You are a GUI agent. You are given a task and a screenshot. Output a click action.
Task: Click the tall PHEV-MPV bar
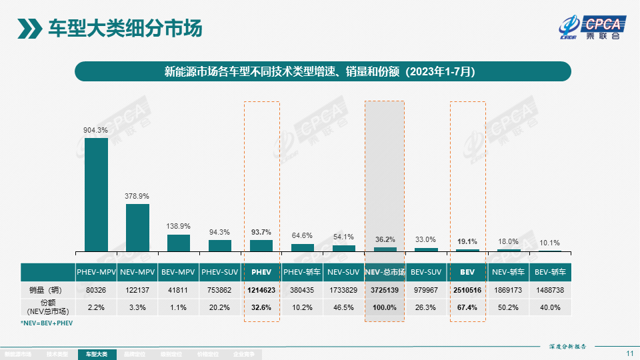pyautogui.click(x=96, y=195)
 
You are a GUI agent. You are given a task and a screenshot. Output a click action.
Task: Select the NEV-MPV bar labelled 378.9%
pyautogui.click(x=137, y=227)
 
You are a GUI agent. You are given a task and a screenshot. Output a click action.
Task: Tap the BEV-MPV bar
pyautogui.click(x=179, y=243)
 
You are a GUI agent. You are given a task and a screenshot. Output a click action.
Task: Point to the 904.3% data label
pyautogui.click(x=95, y=131)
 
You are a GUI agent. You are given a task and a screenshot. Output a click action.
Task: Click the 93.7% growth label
pyautogui.click(x=261, y=232)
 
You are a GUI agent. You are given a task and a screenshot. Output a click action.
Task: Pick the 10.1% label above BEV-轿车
pyautogui.click(x=550, y=243)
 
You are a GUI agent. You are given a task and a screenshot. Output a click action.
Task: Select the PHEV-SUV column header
pyautogui.click(x=220, y=272)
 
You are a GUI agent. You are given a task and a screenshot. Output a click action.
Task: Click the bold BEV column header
pyautogui.click(x=467, y=272)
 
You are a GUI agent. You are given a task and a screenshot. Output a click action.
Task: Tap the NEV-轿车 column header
pyautogui.click(x=509, y=272)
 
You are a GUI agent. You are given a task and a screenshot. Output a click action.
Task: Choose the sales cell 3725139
pyautogui.click(x=385, y=291)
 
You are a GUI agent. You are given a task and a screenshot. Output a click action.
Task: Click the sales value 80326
pyautogui.click(x=96, y=291)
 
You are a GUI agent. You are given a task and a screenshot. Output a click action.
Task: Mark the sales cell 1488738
pyautogui.click(x=550, y=291)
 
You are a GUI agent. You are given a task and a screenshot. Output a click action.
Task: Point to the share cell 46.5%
pyautogui.click(x=343, y=307)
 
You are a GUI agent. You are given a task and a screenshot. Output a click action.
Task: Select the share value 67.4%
pyautogui.click(x=467, y=307)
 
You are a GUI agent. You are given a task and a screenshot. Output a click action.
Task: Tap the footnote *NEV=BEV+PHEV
pyautogui.click(x=47, y=323)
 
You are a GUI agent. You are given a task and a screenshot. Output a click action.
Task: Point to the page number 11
pyautogui.click(x=630, y=353)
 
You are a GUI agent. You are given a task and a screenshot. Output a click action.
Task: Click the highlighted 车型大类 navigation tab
pyautogui.click(x=97, y=355)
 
